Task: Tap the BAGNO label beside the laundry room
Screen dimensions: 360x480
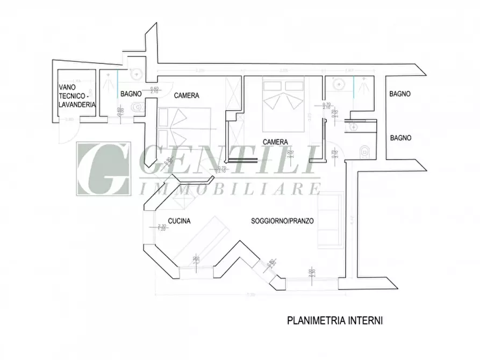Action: (131, 93)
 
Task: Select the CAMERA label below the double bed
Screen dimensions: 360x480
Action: (275, 142)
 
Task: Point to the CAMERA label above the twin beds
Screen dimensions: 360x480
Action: (187, 96)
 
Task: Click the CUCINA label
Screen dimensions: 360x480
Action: (179, 221)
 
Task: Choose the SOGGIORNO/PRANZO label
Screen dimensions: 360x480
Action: (283, 221)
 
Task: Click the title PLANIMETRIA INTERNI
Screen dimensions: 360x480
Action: (335, 321)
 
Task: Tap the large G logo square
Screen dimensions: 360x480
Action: (103, 168)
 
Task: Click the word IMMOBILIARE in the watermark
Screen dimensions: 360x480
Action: (230, 189)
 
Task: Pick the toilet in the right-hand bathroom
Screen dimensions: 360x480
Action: (365, 151)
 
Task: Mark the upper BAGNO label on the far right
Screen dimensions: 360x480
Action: (400, 93)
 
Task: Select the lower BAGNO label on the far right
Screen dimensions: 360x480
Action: (401, 138)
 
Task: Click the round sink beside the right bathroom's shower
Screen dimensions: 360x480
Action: (339, 84)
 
